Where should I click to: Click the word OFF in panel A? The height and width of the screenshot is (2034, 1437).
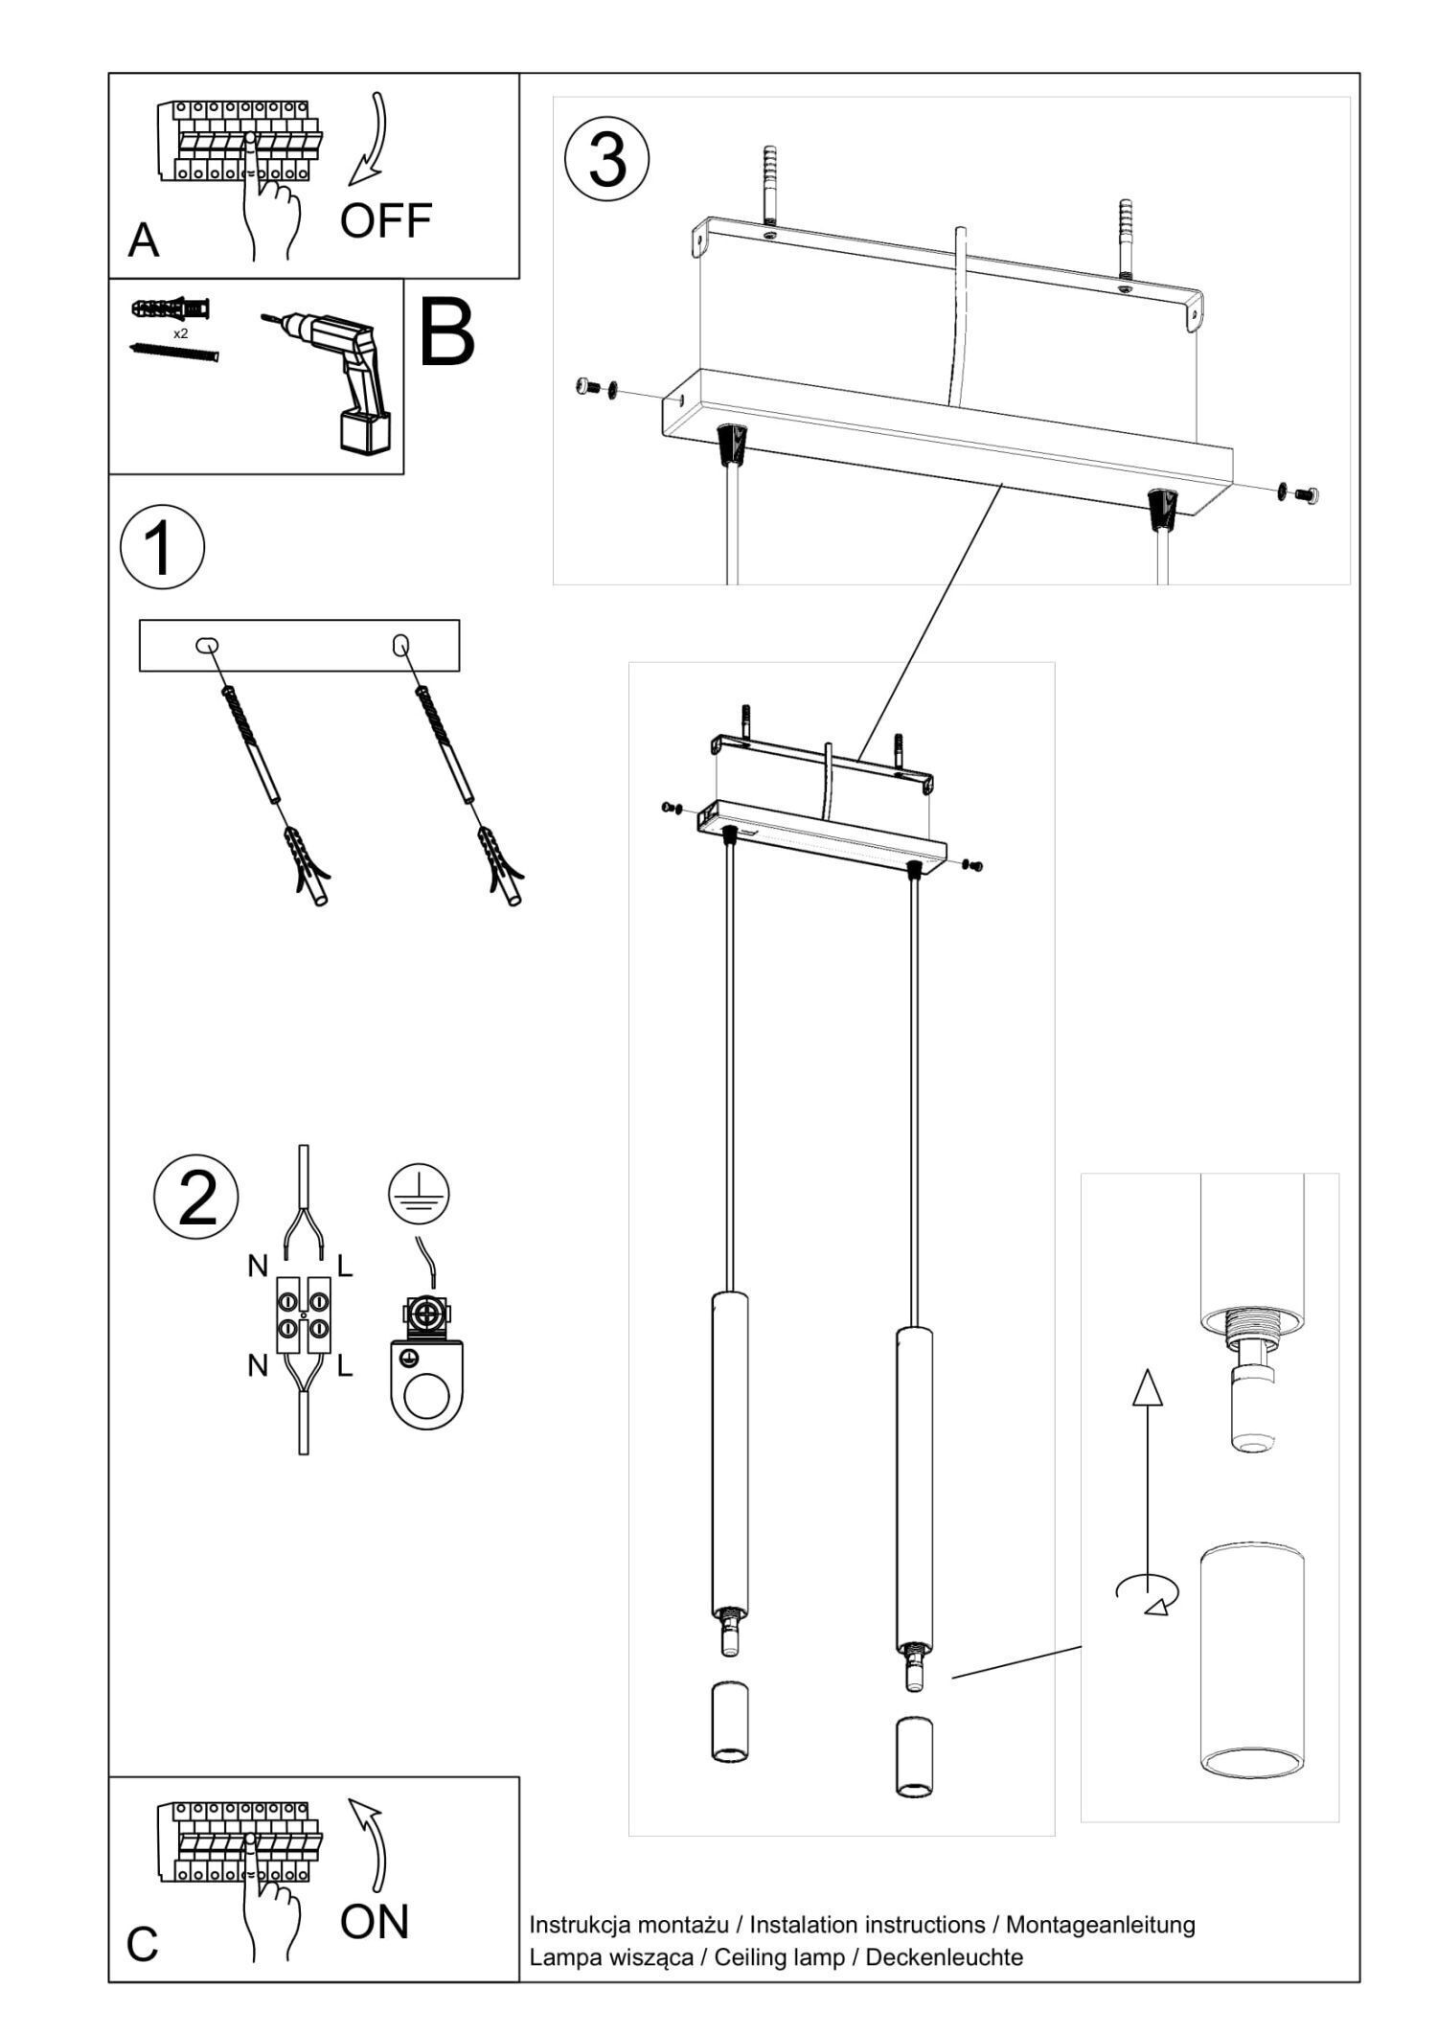tap(385, 221)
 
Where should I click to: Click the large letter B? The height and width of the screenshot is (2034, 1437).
tap(447, 334)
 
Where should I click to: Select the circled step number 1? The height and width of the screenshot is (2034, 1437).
tap(162, 548)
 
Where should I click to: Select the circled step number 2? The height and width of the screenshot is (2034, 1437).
tap(196, 1198)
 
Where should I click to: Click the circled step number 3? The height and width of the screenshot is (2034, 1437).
tap(606, 159)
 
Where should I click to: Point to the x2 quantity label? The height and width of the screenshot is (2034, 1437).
tap(180, 334)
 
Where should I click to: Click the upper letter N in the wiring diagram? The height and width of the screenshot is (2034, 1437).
tap(258, 1267)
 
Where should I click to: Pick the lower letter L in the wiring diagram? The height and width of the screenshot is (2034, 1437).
tap(345, 1366)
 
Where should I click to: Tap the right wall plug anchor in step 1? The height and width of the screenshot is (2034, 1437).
tap(499, 865)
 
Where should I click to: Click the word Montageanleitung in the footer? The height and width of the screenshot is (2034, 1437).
tap(1100, 1924)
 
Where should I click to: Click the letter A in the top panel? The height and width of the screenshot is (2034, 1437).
tap(144, 240)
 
